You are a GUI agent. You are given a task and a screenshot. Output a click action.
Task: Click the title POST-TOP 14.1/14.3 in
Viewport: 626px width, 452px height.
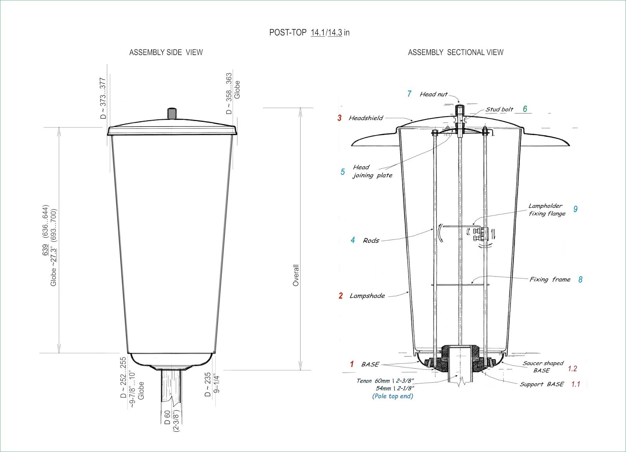point(309,32)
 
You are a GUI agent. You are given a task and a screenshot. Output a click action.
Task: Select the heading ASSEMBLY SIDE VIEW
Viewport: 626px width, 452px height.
point(166,52)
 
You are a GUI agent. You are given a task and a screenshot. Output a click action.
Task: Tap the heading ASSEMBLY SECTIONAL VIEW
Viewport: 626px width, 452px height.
point(455,52)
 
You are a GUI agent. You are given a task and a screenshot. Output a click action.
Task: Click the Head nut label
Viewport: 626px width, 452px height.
point(434,94)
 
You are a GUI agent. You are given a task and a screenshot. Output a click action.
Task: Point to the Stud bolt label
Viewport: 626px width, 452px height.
point(499,110)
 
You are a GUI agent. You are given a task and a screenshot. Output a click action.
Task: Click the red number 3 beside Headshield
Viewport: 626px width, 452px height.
point(340,118)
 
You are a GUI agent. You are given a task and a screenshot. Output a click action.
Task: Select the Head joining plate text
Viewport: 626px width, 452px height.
point(372,171)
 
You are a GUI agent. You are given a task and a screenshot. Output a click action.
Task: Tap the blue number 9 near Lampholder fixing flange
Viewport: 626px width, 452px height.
point(576,209)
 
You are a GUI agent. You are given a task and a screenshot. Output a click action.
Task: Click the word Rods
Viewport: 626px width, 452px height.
point(371,241)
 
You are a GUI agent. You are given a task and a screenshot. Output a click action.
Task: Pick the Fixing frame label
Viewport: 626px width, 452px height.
point(550,279)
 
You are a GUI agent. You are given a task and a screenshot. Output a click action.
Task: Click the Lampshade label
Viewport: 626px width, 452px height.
point(367,296)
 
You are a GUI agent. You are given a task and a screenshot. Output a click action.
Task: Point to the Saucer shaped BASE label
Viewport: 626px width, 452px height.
point(543,367)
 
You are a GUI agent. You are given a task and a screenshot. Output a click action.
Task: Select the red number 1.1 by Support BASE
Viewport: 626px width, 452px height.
point(576,384)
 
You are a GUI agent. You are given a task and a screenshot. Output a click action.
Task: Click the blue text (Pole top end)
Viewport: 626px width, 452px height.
point(392,396)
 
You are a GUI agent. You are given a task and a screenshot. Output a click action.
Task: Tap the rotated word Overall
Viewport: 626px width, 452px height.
point(296,275)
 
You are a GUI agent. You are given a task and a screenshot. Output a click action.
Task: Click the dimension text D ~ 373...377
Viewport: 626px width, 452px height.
point(103,98)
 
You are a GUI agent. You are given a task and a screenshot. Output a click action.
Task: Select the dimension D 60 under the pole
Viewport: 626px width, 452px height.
point(167,417)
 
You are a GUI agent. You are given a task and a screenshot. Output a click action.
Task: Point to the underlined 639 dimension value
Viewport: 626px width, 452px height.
point(45,250)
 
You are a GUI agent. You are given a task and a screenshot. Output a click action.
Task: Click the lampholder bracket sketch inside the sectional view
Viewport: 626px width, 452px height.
point(480,234)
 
